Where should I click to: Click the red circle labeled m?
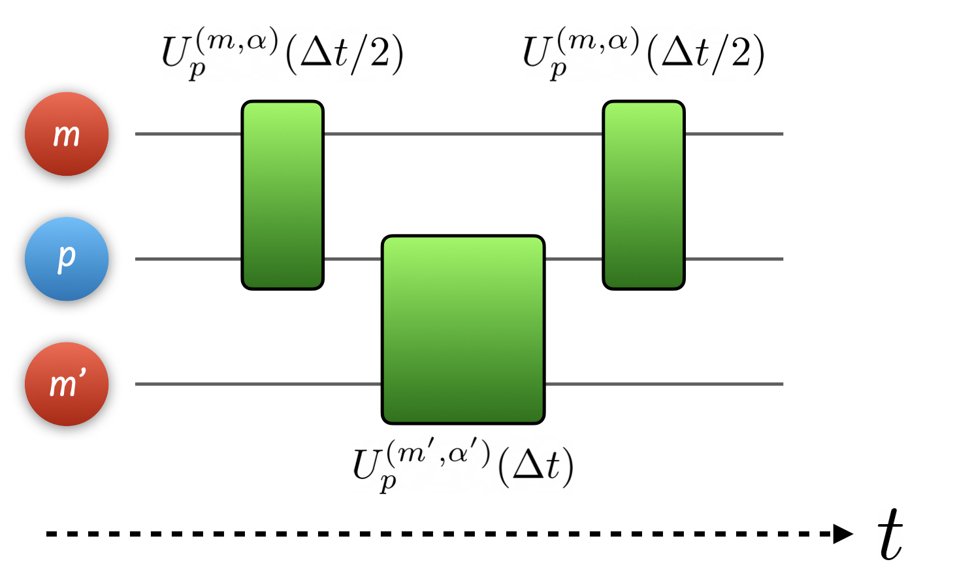(67, 134)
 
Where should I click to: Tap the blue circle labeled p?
(67, 259)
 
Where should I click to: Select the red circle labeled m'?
(67, 384)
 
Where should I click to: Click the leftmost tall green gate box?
(283, 195)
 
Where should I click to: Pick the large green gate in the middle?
(463, 329)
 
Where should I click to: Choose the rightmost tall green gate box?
(643, 195)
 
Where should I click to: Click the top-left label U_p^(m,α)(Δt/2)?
(282, 53)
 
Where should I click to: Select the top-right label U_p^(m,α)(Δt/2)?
(643, 53)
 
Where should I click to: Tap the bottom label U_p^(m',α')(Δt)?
(463, 466)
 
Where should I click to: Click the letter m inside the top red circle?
(67, 135)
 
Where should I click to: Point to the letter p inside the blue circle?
(67, 257)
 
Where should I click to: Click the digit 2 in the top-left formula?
(380, 53)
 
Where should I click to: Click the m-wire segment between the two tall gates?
(463, 134)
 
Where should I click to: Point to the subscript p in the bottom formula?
(388, 483)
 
